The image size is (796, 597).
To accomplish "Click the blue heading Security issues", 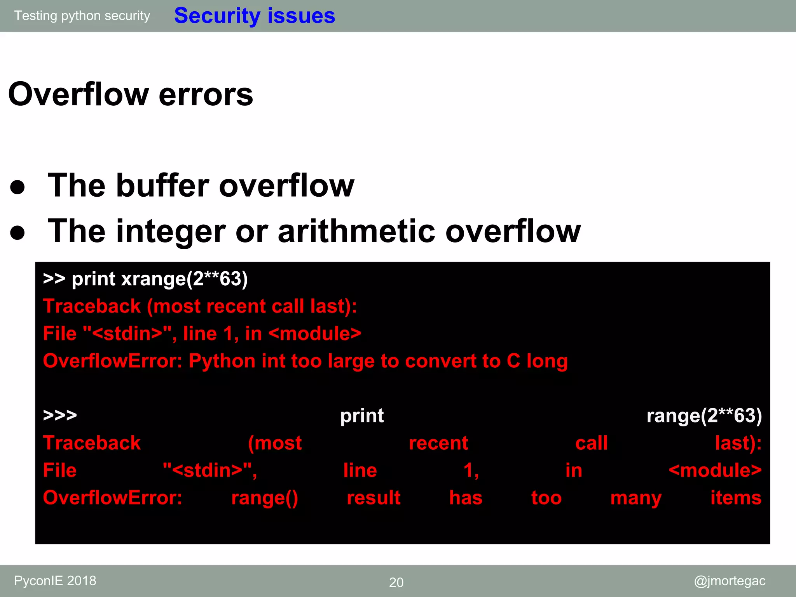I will [255, 16].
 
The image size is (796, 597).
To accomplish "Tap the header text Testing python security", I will [82, 16].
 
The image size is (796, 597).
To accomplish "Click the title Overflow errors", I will [131, 94].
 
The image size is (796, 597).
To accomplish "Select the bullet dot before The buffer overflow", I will [18, 187].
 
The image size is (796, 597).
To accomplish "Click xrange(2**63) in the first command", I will [184, 279].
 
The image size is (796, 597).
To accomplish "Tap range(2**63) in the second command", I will [704, 415].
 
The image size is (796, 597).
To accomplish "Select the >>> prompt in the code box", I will [60, 415].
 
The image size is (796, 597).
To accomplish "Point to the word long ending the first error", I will [547, 361].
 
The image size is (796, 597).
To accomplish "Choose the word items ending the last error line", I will [736, 497].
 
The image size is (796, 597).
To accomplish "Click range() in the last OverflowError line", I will [265, 498].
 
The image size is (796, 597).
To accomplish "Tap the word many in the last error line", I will [636, 498].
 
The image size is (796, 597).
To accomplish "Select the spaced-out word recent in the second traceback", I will [438, 443].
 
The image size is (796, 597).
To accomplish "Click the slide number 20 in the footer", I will [396, 582].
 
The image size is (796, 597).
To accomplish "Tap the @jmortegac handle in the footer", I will [730, 581].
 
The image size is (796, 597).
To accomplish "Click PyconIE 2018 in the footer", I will [55, 581].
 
